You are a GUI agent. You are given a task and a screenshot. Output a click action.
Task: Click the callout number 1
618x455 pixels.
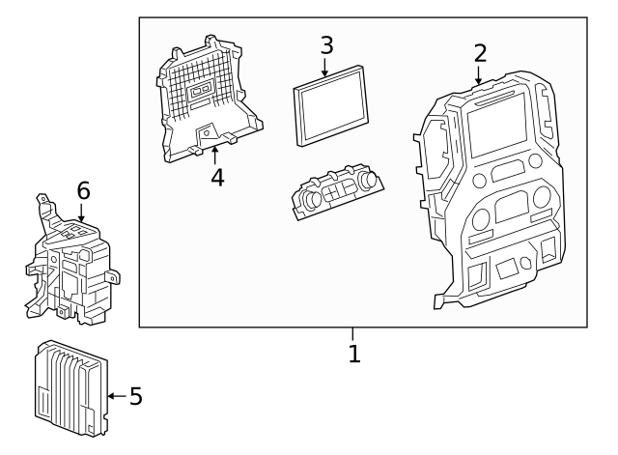tap(354, 355)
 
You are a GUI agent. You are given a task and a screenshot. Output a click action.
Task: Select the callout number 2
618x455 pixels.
tap(480, 53)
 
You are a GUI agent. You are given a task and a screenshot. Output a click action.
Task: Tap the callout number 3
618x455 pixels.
tap(326, 45)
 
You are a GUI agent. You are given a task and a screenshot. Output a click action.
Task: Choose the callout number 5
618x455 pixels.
tap(135, 396)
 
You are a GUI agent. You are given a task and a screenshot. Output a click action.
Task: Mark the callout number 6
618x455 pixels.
tap(83, 191)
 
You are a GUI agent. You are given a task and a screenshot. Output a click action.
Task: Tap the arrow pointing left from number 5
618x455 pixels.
tap(115, 396)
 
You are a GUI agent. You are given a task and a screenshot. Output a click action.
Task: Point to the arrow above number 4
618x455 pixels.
tap(216, 154)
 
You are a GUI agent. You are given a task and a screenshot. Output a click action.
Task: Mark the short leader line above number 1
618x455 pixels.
tap(354, 334)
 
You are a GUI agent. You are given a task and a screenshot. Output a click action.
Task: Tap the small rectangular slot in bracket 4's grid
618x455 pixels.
tap(202, 93)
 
